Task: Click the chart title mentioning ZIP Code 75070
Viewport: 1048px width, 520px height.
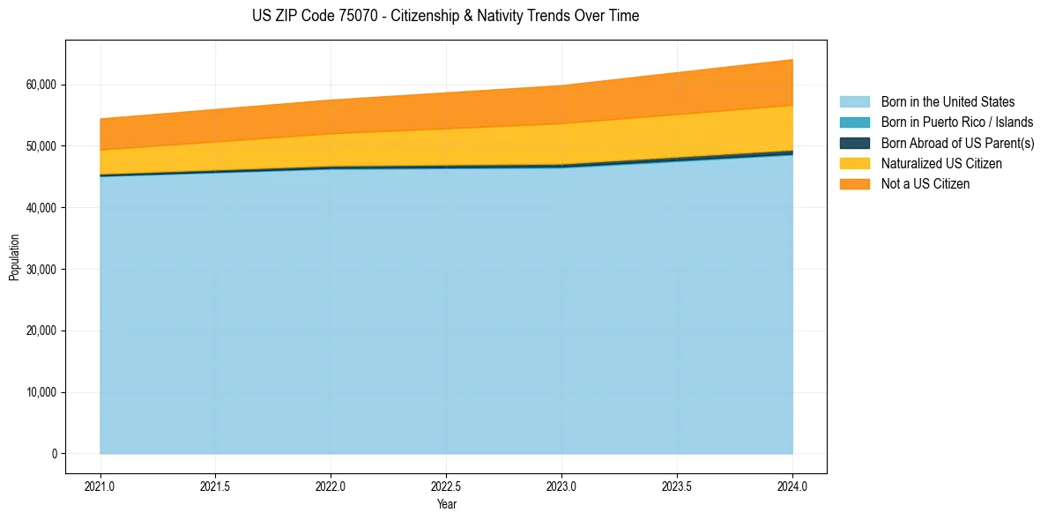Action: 445,16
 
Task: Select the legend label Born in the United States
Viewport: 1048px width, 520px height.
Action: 948,102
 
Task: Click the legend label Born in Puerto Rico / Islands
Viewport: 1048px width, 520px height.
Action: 957,123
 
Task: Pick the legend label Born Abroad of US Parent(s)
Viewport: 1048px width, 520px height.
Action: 957,143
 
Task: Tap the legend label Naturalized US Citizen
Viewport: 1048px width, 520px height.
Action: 941,164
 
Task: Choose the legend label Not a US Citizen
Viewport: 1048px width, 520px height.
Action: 925,184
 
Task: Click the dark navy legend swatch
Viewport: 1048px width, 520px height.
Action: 854,143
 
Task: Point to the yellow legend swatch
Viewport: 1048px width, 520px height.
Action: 854,164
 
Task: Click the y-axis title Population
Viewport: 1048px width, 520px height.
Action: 14,257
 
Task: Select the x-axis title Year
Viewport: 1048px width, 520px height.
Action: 446,504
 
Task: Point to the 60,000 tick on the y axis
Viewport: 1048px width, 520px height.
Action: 41,85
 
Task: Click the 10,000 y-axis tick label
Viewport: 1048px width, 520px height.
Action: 41,392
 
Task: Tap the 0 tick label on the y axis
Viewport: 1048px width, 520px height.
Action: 54,454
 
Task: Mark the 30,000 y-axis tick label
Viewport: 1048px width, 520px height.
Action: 41,269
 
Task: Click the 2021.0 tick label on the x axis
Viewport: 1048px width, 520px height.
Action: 100,486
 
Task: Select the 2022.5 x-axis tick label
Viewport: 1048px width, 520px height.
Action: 446,486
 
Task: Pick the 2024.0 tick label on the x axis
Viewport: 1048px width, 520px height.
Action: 792,486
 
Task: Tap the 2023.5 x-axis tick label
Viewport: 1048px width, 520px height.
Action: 677,486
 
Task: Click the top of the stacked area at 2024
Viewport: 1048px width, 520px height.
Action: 792,60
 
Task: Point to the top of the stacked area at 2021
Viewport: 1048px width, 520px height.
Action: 100,119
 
